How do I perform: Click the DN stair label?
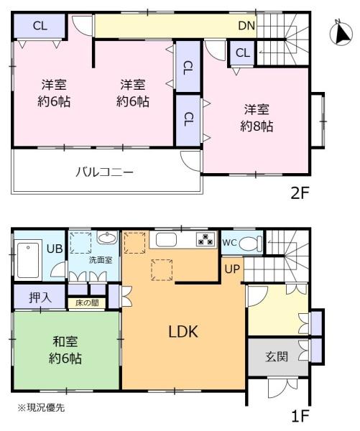click(x=247, y=26)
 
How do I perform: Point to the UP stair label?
click(x=231, y=270)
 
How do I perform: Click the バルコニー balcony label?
click(x=105, y=172)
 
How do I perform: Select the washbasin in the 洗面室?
click(x=106, y=239)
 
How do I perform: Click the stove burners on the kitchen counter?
click(x=206, y=240)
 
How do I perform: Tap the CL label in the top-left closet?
click(x=40, y=26)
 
